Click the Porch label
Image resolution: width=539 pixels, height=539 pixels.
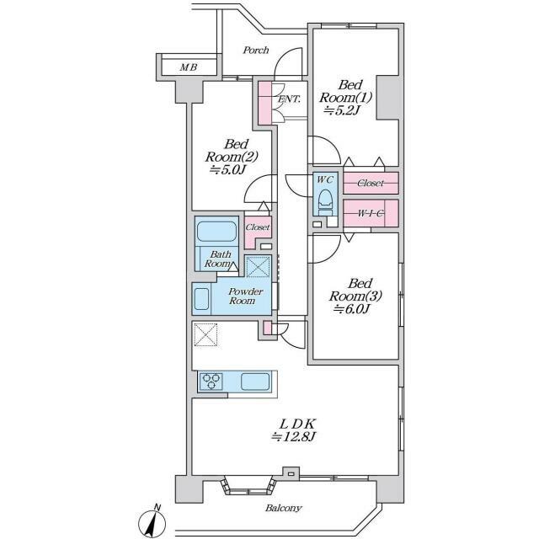tap(255, 51)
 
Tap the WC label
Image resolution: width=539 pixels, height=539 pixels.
tap(325, 179)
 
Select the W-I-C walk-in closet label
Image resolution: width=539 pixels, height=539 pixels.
tap(371, 213)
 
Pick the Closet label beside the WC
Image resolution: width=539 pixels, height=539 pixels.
tap(371, 183)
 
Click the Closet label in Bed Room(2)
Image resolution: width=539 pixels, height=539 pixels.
tap(258, 227)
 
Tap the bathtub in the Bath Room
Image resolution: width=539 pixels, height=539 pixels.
tap(217, 232)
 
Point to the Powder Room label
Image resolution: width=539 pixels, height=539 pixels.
tap(247, 296)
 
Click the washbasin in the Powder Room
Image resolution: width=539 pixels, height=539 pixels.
tap(202, 298)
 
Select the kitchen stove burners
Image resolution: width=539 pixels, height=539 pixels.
tap(211, 381)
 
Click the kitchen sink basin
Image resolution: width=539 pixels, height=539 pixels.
tap(255, 381)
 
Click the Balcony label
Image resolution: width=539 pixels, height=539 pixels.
tap(283, 509)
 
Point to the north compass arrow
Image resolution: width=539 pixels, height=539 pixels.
tap(153, 522)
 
